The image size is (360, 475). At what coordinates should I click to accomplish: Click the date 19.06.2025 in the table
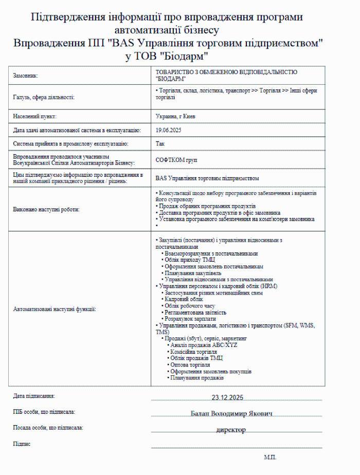[x=169, y=131]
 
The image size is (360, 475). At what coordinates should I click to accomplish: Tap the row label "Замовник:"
[x=26, y=76]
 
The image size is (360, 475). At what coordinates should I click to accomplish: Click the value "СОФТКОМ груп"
[x=176, y=160]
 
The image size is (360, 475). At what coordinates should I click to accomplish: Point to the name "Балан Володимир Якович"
[x=231, y=413]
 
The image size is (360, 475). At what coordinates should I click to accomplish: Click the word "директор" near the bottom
[x=231, y=430]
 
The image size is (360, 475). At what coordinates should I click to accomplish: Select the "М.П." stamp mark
[x=270, y=456]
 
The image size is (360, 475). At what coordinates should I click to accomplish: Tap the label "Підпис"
[x=22, y=443]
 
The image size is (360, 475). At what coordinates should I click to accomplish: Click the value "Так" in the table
[x=160, y=144]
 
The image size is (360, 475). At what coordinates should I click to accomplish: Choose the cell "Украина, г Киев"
[x=175, y=116]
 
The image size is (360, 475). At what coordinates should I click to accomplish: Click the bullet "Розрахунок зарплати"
[x=188, y=319]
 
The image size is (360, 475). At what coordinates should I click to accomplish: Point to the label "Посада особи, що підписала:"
[x=48, y=428]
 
